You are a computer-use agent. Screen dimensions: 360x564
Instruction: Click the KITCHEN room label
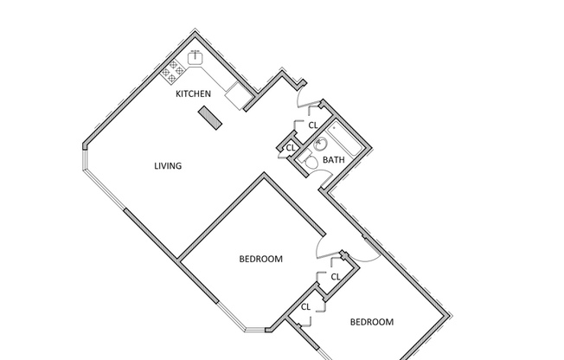coord(193,93)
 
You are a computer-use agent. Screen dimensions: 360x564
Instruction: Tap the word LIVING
coord(168,166)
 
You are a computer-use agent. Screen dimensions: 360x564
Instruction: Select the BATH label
coord(334,160)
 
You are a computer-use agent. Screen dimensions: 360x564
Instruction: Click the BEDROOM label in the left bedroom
coord(260,259)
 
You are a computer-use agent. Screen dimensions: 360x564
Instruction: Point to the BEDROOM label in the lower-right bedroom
coord(371,322)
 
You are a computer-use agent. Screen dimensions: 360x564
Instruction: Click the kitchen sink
coord(197,59)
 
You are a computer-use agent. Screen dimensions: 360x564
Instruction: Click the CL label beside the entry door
coord(313,125)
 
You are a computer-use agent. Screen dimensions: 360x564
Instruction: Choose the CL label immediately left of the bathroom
coord(291,148)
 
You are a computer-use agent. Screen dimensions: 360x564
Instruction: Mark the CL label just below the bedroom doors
coord(335,276)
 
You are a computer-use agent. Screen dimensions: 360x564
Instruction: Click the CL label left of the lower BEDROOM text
coord(306,307)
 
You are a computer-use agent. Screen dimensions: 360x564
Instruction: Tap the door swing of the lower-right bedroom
coord(363,248)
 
